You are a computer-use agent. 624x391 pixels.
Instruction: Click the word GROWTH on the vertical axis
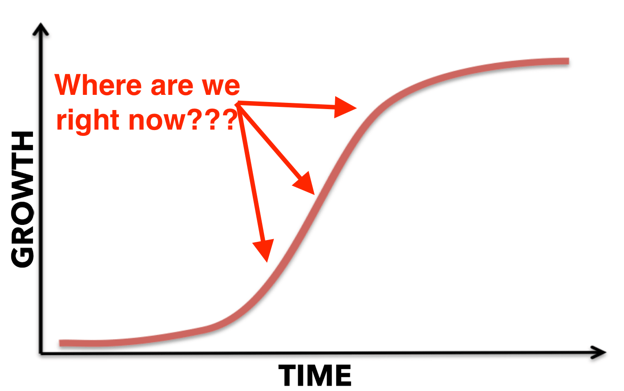pos(22,200)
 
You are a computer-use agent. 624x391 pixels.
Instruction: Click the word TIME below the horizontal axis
pos(315,375)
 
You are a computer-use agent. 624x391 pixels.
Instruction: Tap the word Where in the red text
pos(98,85)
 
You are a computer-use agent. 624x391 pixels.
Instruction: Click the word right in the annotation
pos(88,120)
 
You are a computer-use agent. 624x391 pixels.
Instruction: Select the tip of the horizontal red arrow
pos(357,108)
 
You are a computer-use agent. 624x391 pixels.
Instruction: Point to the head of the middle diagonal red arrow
pos(314,194)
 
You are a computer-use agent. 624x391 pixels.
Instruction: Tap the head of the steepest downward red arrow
pos(267,262)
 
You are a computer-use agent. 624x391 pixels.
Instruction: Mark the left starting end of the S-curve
pos(60,343)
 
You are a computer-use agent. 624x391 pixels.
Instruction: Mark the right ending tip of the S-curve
pos(569,61)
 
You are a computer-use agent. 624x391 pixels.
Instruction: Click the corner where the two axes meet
pos(41,354)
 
